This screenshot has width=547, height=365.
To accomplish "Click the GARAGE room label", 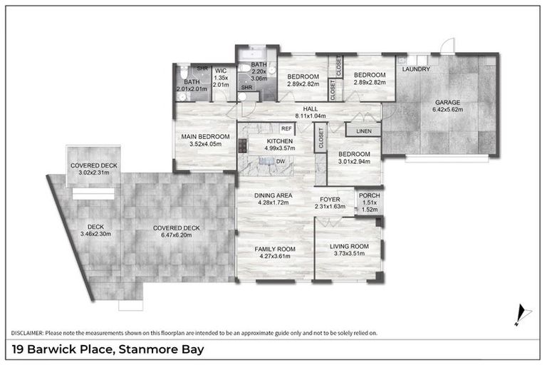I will tap(449, 102).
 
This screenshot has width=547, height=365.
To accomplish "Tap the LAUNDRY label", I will tap(417, 69).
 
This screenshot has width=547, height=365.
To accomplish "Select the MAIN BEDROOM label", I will tap(205, 136).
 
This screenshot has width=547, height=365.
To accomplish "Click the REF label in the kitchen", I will tap(287, 128).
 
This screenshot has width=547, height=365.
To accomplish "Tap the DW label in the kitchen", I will tap(281, 163).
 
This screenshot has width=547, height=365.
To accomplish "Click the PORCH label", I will tap(369, 195).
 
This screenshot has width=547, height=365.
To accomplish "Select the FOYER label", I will tap(329, 199).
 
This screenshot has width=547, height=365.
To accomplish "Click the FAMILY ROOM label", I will tap(275, 249).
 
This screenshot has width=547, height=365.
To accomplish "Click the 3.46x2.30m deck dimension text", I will tap(96, 233).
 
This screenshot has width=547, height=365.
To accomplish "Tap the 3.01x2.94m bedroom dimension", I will tap(354, 162).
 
